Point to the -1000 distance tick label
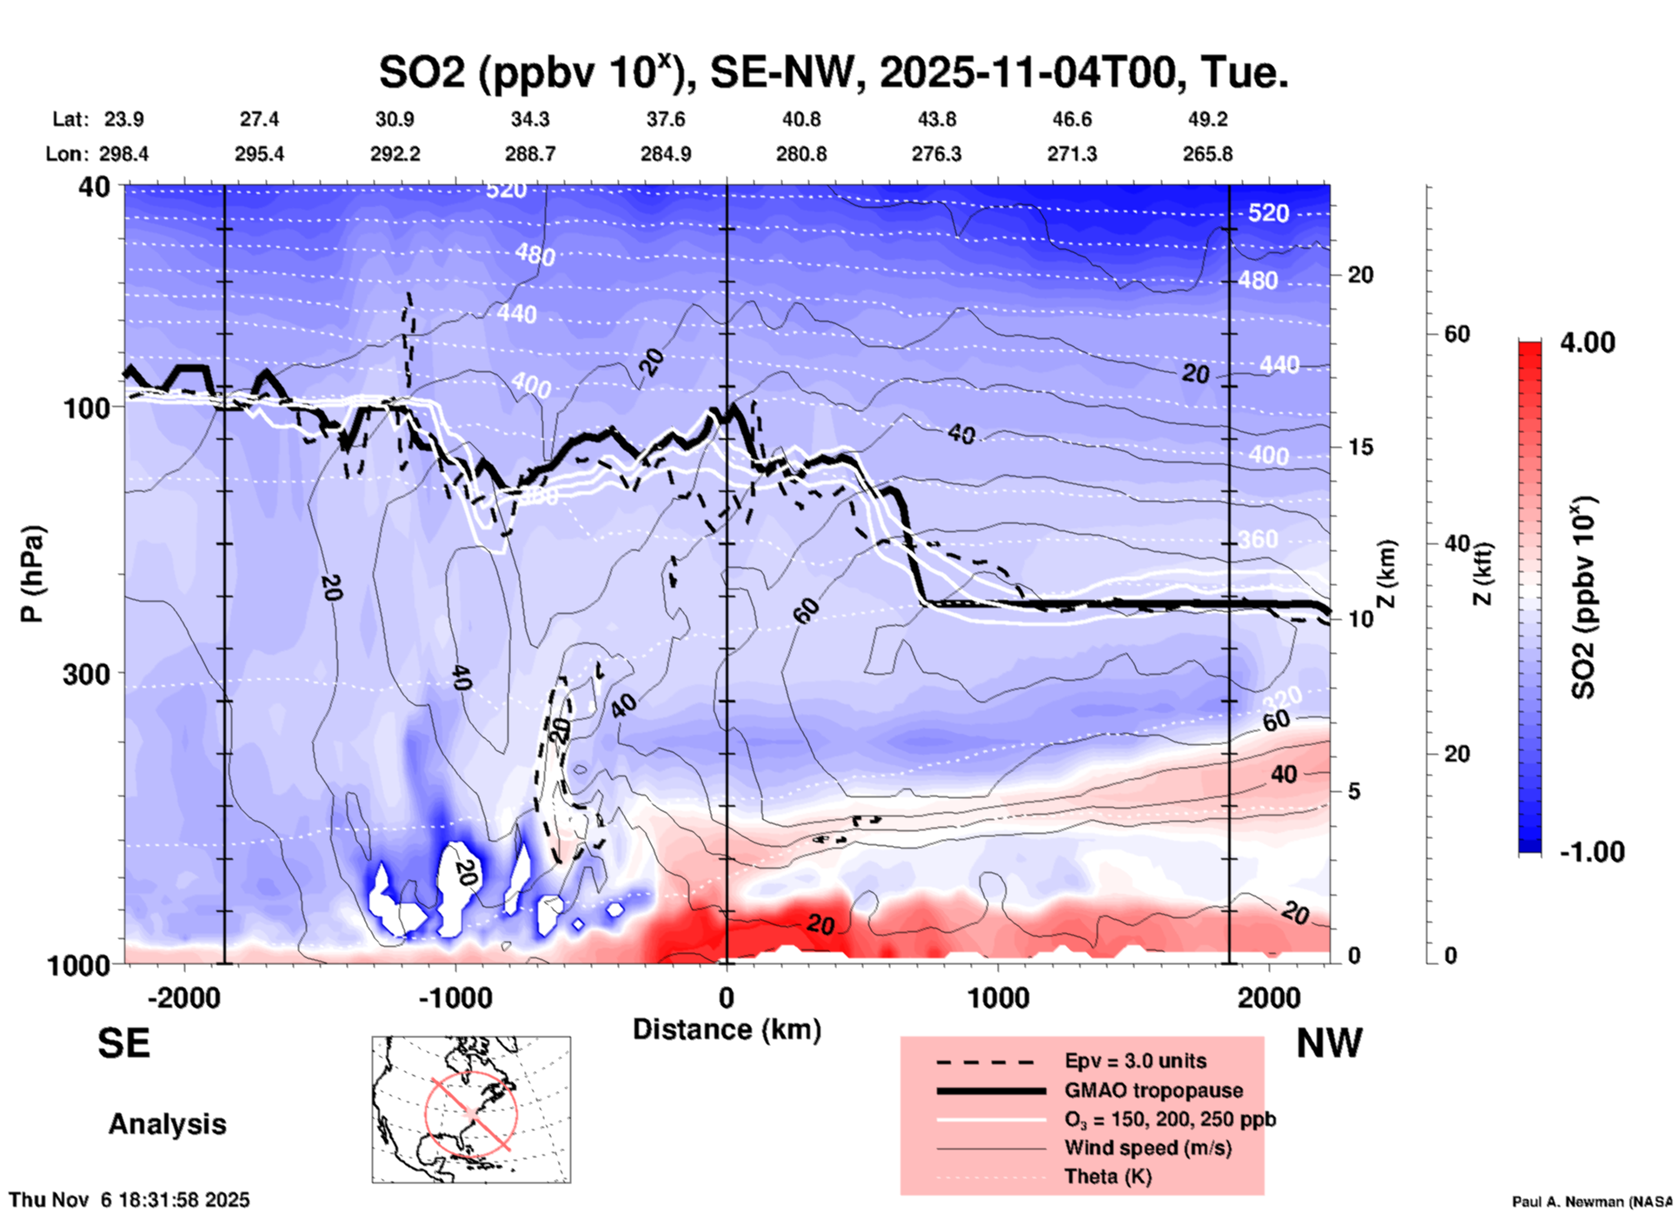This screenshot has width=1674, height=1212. [455, 998]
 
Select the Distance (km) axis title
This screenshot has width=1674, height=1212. [727, 1029]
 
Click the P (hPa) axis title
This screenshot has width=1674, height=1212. [32, 574]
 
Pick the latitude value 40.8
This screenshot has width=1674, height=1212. [800, 119]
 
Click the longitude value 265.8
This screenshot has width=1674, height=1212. [1207, 154]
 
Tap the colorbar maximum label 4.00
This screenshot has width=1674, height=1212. [1587, 343]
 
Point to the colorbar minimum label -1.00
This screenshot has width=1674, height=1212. [1591, 851]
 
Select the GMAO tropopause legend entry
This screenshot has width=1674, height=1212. [1153, 1090]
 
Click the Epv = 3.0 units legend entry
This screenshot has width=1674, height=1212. [1135, 1061]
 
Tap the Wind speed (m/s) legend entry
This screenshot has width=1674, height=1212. [1147, 1148]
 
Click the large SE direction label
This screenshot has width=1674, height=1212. [123, 1043]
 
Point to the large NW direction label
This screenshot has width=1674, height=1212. [1329, 1043]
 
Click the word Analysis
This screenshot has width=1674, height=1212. [167, 1124]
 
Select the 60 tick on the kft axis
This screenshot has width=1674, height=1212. [1457, 335]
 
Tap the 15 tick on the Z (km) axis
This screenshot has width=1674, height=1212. [1360, 447]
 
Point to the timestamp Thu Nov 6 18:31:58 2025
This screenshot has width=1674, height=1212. [130, 1200]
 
